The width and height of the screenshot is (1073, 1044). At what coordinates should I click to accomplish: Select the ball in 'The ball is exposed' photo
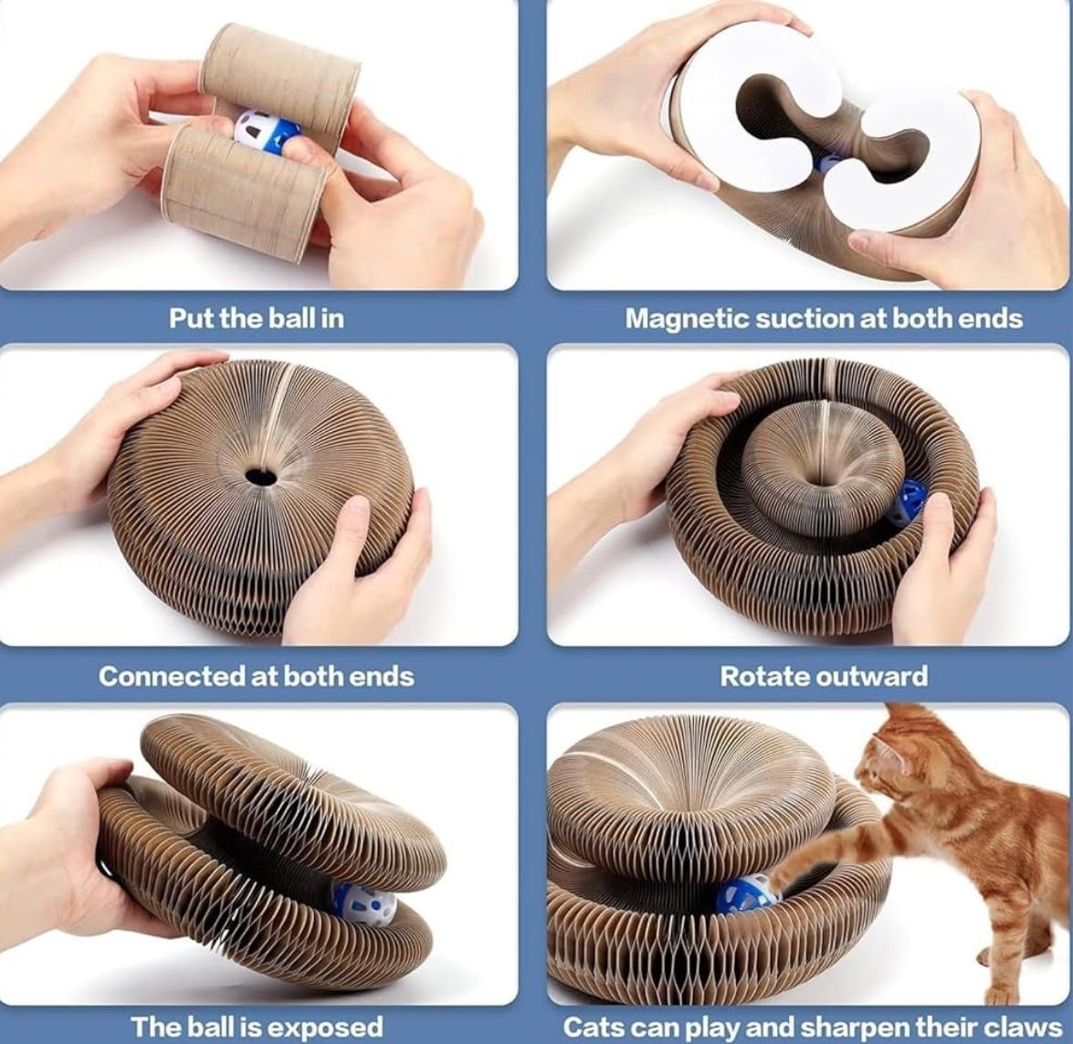363,903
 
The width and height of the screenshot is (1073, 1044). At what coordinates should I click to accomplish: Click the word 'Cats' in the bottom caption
592,1027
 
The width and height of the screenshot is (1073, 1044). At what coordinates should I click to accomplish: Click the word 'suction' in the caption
802,319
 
